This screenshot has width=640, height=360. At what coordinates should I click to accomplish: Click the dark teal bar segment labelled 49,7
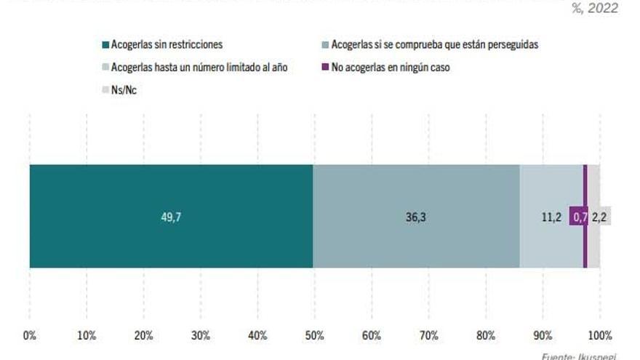pos(171,216)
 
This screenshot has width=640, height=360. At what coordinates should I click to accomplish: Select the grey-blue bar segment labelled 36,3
pos(416,216)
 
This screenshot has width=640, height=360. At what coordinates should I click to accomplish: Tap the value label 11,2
pos(551,217)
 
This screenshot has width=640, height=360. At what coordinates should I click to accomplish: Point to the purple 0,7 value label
pos(580,217)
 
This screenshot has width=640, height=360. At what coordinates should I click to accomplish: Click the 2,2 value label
pos(601,217)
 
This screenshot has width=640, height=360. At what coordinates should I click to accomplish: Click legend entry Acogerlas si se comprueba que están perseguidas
pos(434,45)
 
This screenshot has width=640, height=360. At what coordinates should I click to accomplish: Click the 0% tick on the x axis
pos(30,335)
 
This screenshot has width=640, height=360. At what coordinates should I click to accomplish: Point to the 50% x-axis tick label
pos(315,335)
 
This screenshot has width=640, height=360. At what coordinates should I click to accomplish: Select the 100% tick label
pos(600,335)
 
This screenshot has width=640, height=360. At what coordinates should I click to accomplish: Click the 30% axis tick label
pos(201,335)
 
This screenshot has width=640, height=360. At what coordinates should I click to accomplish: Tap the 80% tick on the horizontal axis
pos(486,335)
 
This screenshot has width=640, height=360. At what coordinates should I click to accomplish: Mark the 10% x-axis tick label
pos(87,335)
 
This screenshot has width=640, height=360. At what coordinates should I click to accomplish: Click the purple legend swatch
pos(325,68)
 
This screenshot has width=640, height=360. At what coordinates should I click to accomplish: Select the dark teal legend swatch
pos(105,45)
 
